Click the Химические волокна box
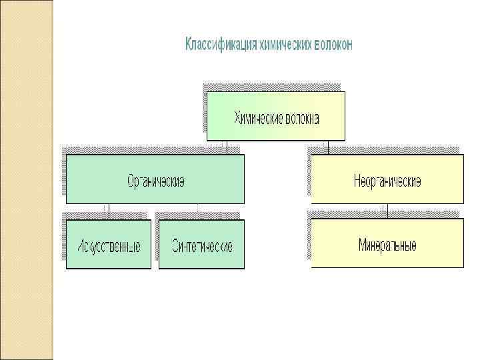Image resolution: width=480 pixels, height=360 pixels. pos(276,116)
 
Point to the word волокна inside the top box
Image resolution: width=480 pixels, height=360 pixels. pos(302,119)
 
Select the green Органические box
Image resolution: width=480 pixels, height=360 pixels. pos(155,179)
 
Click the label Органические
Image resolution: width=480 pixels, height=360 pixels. pos(156,181)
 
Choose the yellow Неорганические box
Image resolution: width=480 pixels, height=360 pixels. pos(387,179)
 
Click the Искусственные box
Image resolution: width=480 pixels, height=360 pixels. pos(109,244)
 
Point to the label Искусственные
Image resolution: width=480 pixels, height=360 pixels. pos(109,247)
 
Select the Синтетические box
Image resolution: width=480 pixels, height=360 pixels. pos(202,244)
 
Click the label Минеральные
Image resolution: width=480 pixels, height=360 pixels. pos(388,245)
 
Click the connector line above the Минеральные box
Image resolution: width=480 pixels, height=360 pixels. pos(389,211)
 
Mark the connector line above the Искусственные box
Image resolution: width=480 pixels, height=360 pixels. pos(109,211)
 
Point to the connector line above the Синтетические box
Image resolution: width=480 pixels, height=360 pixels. pos(197,211)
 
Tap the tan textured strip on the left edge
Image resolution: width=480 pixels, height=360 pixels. pos(27,180)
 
